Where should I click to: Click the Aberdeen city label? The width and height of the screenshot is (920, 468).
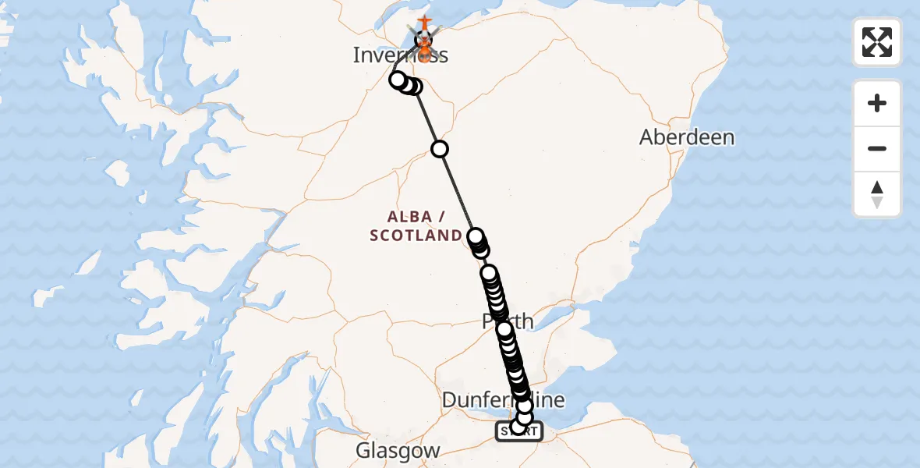[687, 138]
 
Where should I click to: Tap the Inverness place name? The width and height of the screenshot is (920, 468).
[400, 55]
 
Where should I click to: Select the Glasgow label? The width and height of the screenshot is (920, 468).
[398, 451]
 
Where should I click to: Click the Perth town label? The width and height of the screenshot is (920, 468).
[508, 321]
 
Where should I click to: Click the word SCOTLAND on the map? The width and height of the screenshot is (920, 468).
[415, 236]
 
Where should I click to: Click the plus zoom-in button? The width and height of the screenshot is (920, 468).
[877, 104]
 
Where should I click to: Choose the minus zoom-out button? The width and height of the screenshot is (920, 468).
[877, 148]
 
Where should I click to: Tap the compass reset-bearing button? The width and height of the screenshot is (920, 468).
[877, 194]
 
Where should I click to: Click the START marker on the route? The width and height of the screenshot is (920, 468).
[518, 431]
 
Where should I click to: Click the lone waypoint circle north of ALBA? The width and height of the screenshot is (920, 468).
[441, 149]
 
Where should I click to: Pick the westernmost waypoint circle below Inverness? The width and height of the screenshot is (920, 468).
[398, 80]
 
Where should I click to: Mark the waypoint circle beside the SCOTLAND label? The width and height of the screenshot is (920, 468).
[475, 236]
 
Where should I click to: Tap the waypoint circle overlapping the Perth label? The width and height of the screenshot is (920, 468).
[504, 329]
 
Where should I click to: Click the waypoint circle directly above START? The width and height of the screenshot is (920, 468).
[524, 417]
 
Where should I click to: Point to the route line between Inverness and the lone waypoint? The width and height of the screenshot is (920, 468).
[427, 117]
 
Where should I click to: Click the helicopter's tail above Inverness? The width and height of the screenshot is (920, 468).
[423, 21]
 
